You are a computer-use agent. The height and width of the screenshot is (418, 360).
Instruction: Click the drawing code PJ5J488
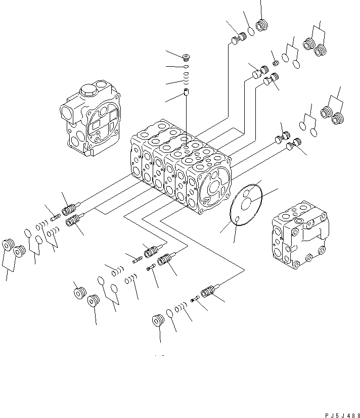(342, 415)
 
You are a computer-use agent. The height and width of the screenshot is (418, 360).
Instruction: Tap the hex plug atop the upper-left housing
(87, 90)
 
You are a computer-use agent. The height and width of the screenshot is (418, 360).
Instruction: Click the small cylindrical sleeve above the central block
(186, 92)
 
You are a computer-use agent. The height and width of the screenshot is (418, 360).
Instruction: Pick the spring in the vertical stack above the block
(187, 78)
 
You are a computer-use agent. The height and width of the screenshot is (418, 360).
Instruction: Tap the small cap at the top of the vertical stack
(186, 57)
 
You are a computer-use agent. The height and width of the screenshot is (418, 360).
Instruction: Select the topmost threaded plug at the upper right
(262, 25)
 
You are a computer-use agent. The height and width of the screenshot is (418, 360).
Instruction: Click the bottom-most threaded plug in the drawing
(158, 320)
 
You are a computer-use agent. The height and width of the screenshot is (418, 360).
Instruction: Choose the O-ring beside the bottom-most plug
(169, 313)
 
